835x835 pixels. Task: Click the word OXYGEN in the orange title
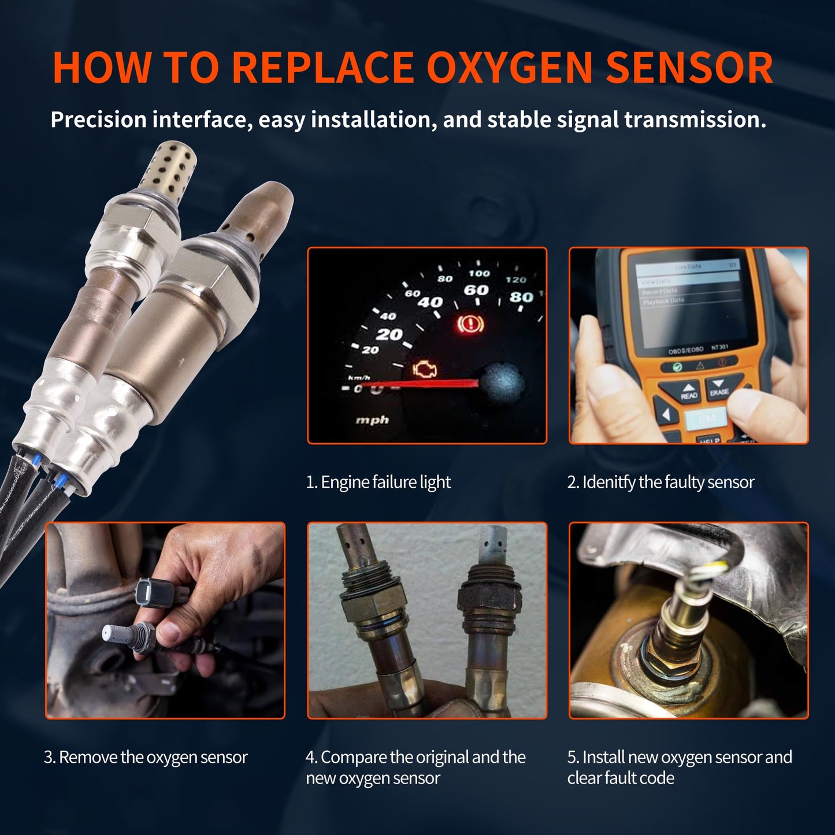(510, 68)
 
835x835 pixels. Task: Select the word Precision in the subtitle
(98, 120)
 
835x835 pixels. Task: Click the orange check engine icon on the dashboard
(425, 370)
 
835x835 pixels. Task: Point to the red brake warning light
(470, 324)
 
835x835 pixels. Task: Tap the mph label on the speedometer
(372, 420)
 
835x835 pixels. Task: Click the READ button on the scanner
(688, 392)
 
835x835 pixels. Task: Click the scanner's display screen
(688, 300)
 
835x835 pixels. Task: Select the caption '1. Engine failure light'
(378, 482)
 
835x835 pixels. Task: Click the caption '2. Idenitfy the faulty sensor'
(660, 482)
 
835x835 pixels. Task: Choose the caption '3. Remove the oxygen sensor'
(146, 757)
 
